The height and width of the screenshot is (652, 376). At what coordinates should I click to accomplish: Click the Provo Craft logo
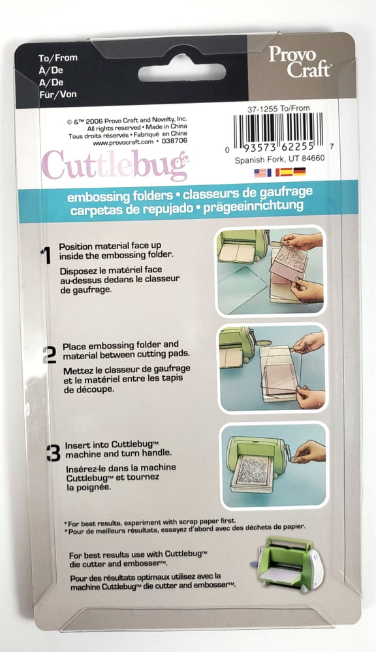click(300, 62)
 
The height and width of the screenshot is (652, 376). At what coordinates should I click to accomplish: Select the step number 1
click(46, 256)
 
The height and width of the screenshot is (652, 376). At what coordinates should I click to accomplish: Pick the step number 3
click(53, 452)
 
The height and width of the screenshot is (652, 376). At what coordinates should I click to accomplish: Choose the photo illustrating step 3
click(273, 466)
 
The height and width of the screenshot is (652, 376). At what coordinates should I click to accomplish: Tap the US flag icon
click(260, 172)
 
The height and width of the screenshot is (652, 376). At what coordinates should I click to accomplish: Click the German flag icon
click(299, 172)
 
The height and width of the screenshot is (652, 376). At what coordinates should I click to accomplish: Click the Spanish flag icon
click(285, 172)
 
